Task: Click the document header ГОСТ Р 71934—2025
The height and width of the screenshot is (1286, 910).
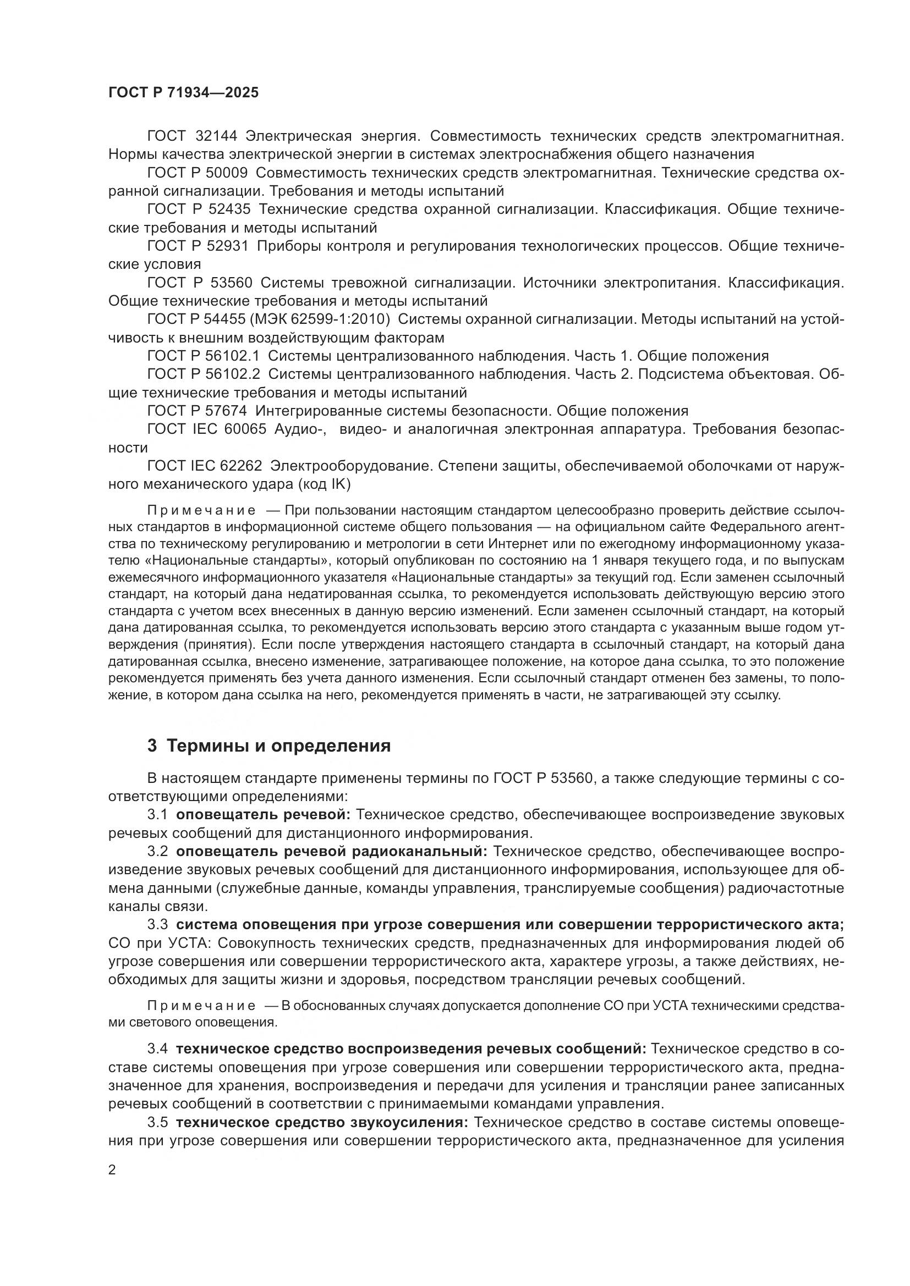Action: pos(183,93)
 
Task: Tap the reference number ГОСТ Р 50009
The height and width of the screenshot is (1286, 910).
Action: pos(198,173)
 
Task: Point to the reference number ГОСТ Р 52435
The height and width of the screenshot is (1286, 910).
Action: pos(198,209)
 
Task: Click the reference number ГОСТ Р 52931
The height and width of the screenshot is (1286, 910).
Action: pos(198,246)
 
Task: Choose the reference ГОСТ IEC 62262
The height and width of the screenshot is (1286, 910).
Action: pos(205,466)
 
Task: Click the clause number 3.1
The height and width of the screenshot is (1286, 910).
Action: pos(157,815)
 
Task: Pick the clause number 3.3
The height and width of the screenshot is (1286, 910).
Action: pos(157,925)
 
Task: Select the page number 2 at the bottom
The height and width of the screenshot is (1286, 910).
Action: pos(112,1171)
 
